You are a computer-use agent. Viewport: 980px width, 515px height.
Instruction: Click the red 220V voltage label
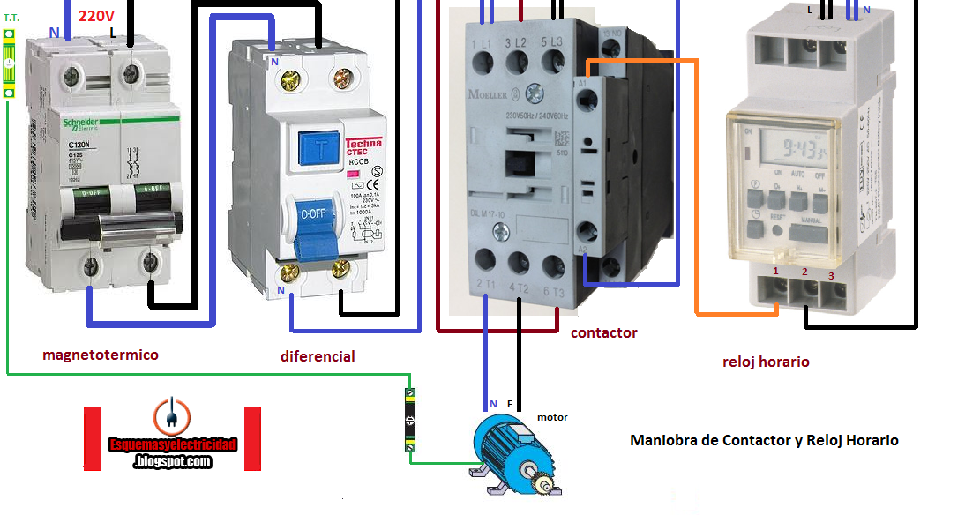click(x=97, y=15)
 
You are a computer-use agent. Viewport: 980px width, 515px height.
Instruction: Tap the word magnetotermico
click(x=101, y=355)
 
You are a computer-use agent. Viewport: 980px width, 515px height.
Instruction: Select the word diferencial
click(x=318, y=356)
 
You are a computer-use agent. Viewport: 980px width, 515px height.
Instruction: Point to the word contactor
click(x=603, y=332)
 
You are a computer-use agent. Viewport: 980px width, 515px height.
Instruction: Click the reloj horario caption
click(x=766, y=362)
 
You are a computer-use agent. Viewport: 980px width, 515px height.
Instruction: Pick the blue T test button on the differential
click(x=319, y=149)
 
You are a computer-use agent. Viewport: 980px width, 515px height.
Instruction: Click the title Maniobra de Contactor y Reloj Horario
click(x=764, y=440)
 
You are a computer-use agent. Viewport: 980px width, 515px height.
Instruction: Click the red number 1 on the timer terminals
click(x=776, y=271)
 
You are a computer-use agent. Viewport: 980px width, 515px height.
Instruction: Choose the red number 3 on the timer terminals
click(x=830, y=276)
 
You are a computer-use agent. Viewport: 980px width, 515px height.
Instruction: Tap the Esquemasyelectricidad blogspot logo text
click(x=173, y=452)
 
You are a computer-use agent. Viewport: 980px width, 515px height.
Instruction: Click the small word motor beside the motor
click(x=552, y=417)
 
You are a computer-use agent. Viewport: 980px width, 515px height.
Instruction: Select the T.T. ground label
click(x=11, y=17)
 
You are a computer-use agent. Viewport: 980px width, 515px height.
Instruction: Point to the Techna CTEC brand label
click(x=364, y=146)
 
